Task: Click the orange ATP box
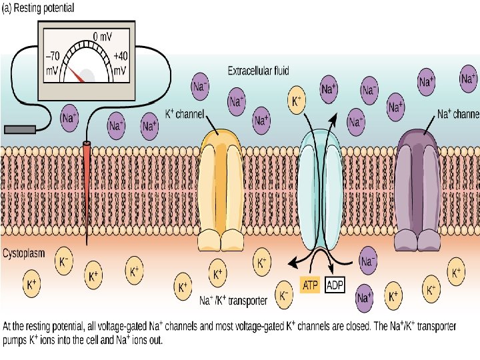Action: click(311, 286)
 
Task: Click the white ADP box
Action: click(335, 286)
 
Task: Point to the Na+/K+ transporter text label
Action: click(234, 301)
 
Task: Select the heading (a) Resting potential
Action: click(47, 8)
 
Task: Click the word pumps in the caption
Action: click(17, 339)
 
